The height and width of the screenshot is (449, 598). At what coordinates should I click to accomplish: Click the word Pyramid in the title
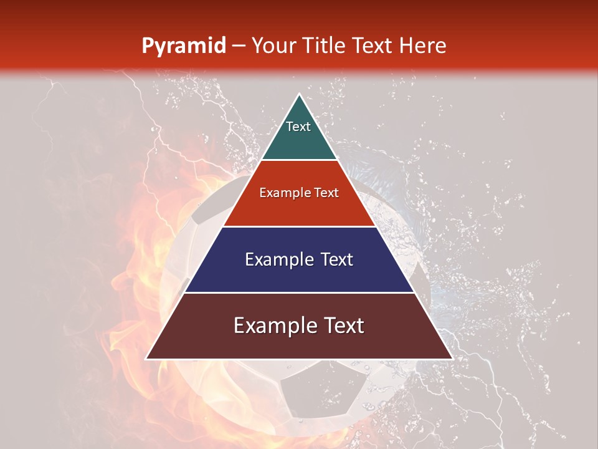point(184,46)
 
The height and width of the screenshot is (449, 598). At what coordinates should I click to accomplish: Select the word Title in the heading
point(328,46)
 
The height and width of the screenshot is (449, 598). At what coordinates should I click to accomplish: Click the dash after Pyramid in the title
point(238,46)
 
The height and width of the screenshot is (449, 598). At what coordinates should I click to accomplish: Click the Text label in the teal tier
point(298,127)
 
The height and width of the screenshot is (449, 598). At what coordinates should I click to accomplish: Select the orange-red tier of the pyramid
point(299,209)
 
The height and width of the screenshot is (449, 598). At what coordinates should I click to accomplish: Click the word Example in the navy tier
point(278,259)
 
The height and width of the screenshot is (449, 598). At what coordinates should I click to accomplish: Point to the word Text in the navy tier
point(337,259)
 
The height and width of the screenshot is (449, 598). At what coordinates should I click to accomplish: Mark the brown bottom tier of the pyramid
point(299,343)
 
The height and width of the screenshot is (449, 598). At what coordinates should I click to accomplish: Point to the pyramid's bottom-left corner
point(147,359)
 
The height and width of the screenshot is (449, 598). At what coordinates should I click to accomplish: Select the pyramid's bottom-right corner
point(452,359)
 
